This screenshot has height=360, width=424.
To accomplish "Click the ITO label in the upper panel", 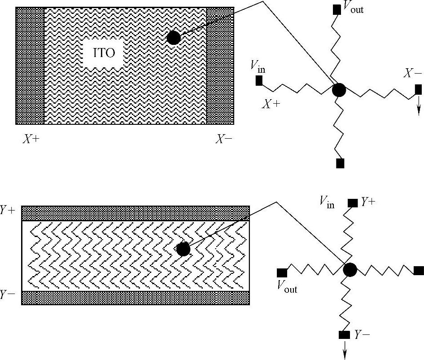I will tap(104, 53).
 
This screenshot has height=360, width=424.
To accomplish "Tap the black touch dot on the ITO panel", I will tap(174, 38).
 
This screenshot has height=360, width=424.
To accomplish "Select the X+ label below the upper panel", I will tap(31, 139).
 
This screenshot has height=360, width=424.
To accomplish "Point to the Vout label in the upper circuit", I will tap(353, 7).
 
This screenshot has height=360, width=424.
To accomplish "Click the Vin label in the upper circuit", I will tap(258, 67).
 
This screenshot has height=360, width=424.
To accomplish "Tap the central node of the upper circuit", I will tap(339, 90).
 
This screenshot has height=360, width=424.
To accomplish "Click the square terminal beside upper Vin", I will tap(259, 81).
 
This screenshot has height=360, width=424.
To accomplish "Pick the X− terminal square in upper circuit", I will tap(418, 89).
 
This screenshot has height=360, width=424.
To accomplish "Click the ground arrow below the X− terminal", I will tap(419, 105).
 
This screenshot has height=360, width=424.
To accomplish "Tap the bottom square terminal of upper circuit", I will tap(340, 163).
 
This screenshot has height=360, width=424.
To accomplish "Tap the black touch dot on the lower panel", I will tap(183, 249).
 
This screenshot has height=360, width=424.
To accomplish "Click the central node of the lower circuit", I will tap(350, 270).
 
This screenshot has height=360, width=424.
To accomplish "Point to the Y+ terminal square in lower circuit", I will tap(352, 203).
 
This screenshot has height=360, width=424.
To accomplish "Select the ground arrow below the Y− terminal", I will tap(345, 351).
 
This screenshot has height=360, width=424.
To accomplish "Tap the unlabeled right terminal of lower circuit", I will tap(419, 270).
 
